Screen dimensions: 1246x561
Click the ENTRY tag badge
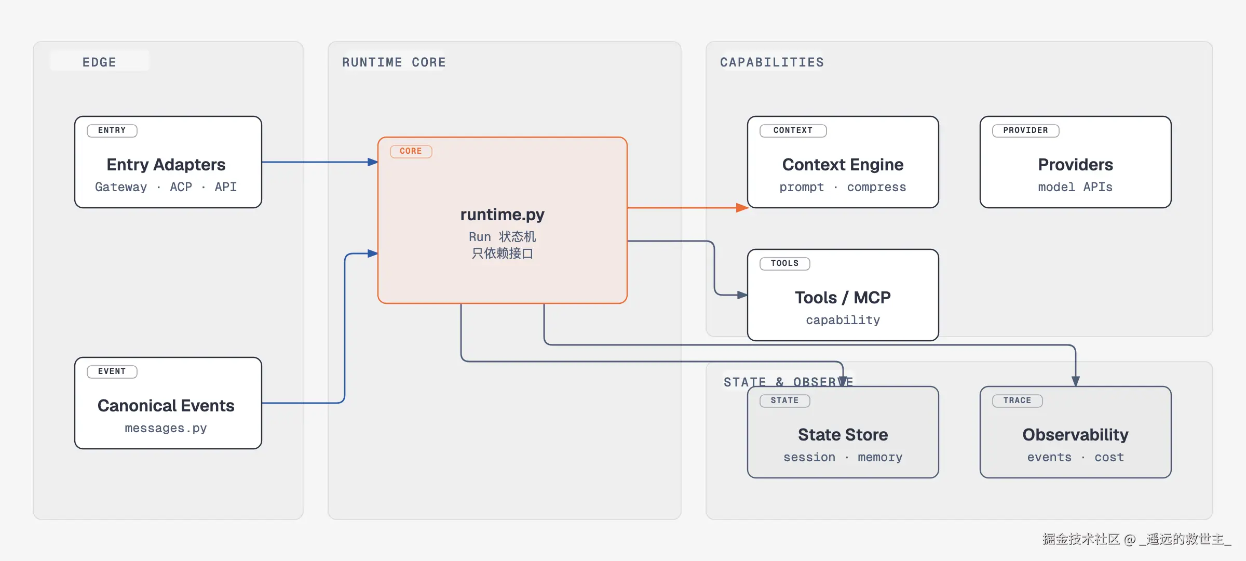coord(112,130)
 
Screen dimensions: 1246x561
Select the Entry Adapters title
coord(166,165)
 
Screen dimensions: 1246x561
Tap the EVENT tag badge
coord(112,371)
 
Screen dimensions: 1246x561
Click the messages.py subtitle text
coord(166,428)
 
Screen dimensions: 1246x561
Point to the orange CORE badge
coord(411,151)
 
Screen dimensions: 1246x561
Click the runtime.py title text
coord(503,215)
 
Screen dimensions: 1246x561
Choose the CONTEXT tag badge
coord(793,130)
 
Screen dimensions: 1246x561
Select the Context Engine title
coord(843,165)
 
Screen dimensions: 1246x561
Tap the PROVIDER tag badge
coord(1026,130)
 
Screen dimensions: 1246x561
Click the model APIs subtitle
coord(1076,187)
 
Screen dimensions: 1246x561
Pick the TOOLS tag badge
coord(785,263)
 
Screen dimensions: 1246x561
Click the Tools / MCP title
coord(843,298)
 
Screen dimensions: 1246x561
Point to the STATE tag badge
coord(785,400)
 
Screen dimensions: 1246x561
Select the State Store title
coord(843,435)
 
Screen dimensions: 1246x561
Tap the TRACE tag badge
coord(1018,400)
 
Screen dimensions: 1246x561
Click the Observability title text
coord(1076,435)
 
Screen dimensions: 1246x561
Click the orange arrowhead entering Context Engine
coord(742,208)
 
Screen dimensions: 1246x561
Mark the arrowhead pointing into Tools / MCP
coord(742,295)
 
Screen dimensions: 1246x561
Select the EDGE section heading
coord(99,62)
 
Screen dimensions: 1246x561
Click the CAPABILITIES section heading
coord(772,62)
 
